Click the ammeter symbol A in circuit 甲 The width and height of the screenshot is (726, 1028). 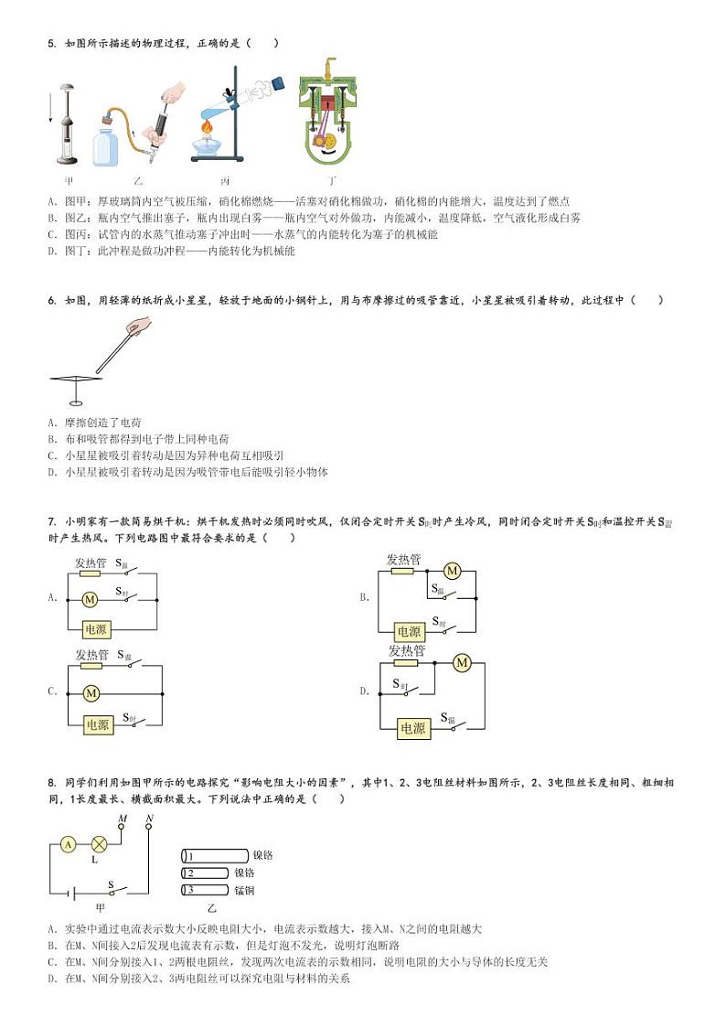click(x=68, y=845)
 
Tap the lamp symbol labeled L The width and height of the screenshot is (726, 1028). click(x=99, y=845)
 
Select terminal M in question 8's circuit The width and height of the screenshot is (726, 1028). click(x=123, y=826)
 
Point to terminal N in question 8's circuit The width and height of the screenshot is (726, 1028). click(x=148, y=826)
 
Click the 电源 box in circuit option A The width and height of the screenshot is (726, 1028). click(x=96, y=628)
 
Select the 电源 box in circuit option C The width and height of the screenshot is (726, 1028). click(x=97, y=724)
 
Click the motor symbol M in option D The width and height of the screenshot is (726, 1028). click(x=461, y=662)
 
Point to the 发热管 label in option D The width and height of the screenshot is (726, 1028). click(x=407, y=650)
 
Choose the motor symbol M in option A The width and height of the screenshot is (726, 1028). click(x=90, y=600)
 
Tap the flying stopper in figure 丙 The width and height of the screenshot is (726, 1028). click(x=278, y=82)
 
